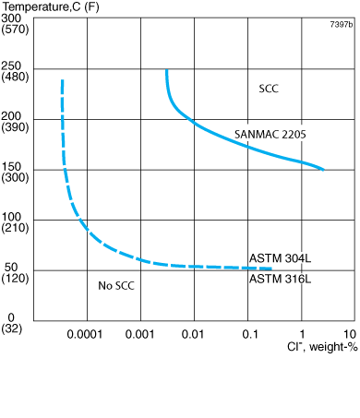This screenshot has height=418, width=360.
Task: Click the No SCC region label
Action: tap(116, 286)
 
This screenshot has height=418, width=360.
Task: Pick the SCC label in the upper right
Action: tap(269, 90)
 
